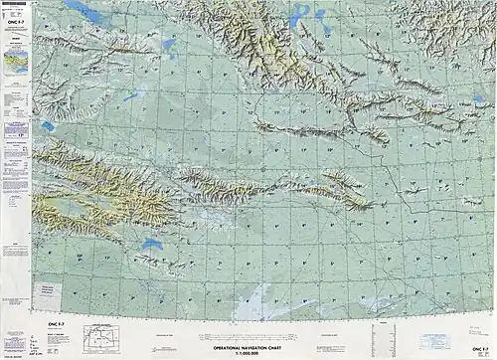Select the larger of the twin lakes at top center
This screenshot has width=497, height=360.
tap(299, 18)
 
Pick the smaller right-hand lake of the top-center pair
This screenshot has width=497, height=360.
tap(320, 15)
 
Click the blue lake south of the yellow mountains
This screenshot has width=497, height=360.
tap(152, 244)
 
